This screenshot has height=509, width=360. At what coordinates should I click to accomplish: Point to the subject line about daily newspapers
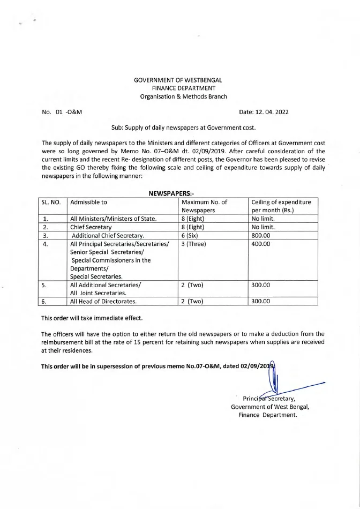coord(183,128)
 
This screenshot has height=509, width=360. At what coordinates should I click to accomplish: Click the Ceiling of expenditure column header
coord(281,206)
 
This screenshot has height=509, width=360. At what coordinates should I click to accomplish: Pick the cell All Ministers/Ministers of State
coord(114,219)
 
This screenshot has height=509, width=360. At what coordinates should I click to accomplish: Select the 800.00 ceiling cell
coord(261,235)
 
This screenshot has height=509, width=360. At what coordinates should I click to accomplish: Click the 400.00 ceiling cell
coord(261,244)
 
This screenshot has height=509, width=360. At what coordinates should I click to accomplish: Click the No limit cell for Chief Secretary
coord(262,227)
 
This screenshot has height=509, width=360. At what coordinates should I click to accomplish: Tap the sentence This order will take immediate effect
coord(92,318)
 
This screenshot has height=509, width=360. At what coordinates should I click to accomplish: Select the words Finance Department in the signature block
coord(267,415)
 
